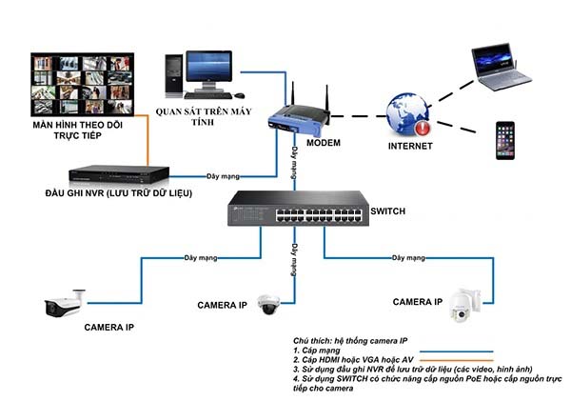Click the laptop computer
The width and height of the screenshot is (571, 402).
pos(502,67)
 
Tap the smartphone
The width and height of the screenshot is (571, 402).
pos(505,141)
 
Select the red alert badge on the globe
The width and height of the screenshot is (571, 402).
pos(423,128)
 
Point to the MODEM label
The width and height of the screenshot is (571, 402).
pos(324,143)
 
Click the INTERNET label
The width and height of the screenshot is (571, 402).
pos(410,146)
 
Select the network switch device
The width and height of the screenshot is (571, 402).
pos(298,209)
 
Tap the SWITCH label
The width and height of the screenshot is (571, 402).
pos(387,211)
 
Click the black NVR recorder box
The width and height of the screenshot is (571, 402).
pos(119,174)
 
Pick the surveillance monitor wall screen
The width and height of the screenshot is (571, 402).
pos(83,85)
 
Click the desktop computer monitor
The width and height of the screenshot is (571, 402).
pos(208,70)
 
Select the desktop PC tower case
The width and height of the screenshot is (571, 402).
pos(174,75)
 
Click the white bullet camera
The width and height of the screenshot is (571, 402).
pos(65,304)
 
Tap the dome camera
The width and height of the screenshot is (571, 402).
pos(268,304)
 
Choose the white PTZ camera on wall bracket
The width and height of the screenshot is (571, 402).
pos(465,306)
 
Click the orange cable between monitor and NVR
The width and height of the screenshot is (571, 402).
pos(148,140)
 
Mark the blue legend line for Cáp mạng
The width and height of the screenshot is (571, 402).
pos(456,352)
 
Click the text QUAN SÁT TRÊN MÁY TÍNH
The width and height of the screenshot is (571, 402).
pos(204,116)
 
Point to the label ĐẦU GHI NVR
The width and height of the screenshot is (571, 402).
pos(75,193)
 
